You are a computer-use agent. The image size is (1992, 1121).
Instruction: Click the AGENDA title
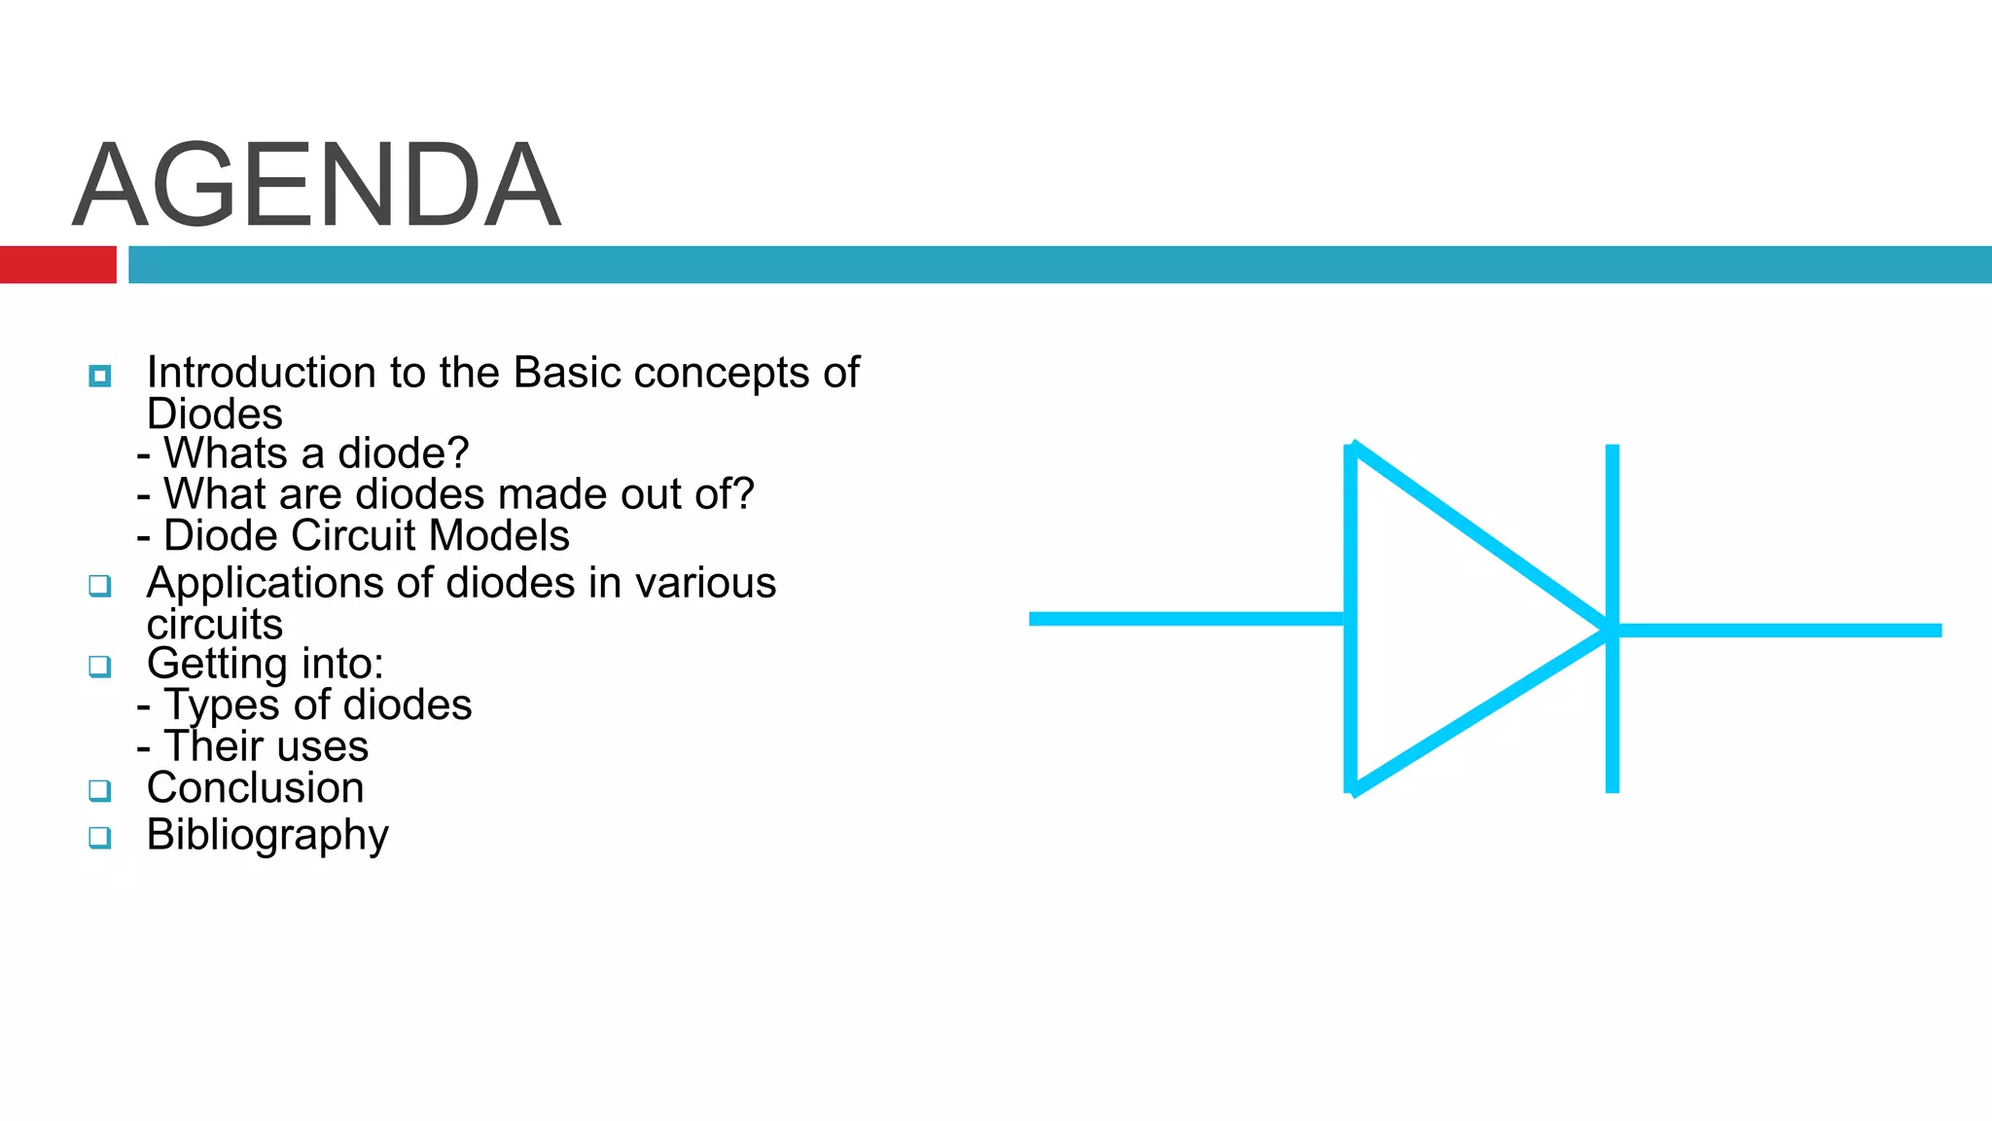317,185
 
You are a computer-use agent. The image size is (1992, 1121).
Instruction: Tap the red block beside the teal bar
57,265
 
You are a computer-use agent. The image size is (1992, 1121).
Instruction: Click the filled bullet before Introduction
99,376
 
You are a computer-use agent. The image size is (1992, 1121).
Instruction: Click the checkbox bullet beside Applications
99,586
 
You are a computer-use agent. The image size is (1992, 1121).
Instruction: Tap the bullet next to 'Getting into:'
99,667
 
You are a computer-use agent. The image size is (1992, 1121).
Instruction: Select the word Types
222,705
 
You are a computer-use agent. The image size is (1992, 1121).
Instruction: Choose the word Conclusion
255,788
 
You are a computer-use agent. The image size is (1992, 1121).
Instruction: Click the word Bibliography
267,836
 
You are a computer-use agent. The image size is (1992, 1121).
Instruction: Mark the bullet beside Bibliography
99,837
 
